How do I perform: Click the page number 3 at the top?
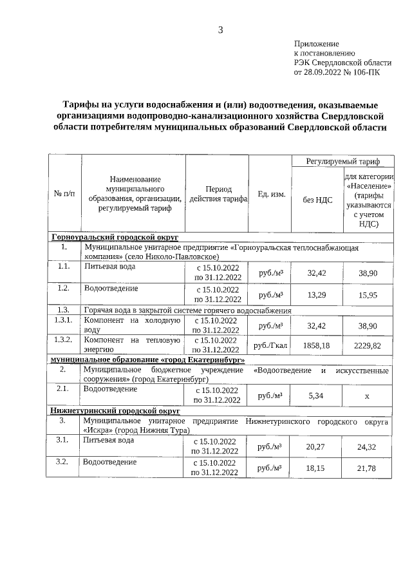tap(221, 30)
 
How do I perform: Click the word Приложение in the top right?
tap(316, 43)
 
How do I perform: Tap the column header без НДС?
tap(317, 200)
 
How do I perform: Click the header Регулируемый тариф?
tap(342, 161)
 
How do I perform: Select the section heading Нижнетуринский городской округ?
tap(115, 410)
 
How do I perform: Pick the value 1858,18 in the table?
tap(317, 345)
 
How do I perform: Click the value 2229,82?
tap(368, 345)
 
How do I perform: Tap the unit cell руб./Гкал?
tap(270, 345)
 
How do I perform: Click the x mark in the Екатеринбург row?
tap(367, 396)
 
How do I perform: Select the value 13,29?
tap(317, 294)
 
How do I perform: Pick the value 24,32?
tap(368, 446)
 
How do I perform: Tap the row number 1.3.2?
tap(63, 339)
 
